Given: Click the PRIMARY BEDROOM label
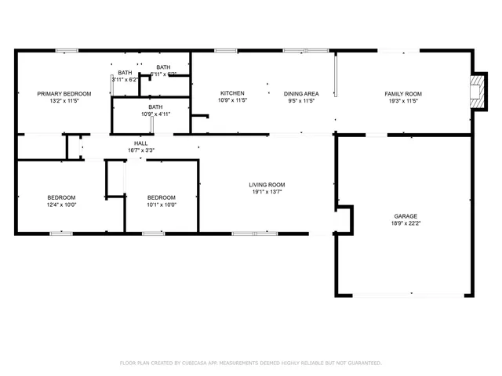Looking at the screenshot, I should click(x=64, y=93).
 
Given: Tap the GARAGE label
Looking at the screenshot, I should click(x=406, y=215).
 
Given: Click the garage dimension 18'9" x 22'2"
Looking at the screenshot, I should click(x=406, y=223).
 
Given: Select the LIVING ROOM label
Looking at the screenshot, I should click(x=267, y=184).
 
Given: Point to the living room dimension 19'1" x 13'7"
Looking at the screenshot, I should click(x=267, y=192).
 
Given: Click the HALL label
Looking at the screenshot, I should click(x=141, y=143).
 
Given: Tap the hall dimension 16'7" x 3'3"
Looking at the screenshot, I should click(x=141, y=150).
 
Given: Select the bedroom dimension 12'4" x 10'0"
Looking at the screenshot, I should click(x=60, y=204).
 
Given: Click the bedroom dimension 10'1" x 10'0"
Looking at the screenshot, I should click(x=162, y=204).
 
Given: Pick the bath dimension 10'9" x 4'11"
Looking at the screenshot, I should click(x=155, y=114).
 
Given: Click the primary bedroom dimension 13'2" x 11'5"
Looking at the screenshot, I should click(x=64, y=100).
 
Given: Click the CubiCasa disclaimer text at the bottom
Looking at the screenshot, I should click(x=250, y=363).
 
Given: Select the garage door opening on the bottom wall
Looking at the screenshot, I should click(x=406, y=295).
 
